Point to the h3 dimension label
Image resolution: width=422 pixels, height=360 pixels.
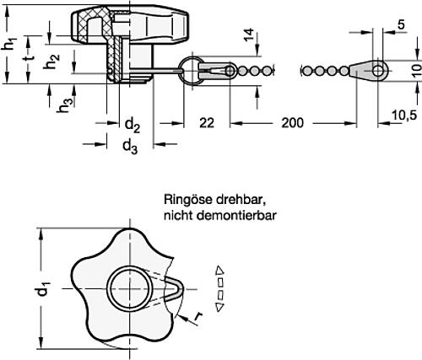62,107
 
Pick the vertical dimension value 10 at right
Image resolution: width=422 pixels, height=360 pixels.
414,68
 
